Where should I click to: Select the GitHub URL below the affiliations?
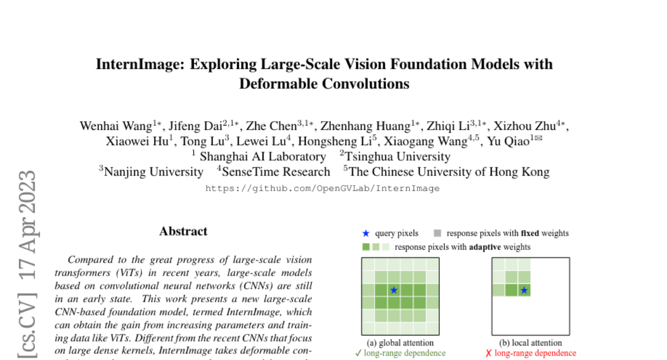[322, 188]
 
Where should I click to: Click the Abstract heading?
[183, 231]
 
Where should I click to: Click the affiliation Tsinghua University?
[397, 157]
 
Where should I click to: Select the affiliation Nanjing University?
[153, 172]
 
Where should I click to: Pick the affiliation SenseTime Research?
[276, 172]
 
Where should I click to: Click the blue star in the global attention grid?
[394, 290]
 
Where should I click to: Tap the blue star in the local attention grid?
[524, 290]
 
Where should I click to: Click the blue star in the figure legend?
[365, 233]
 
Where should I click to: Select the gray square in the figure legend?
[437, 233]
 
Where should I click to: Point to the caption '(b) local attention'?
[530, 343]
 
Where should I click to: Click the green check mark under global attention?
[358, 353]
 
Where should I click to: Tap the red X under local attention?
[489, 353]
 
